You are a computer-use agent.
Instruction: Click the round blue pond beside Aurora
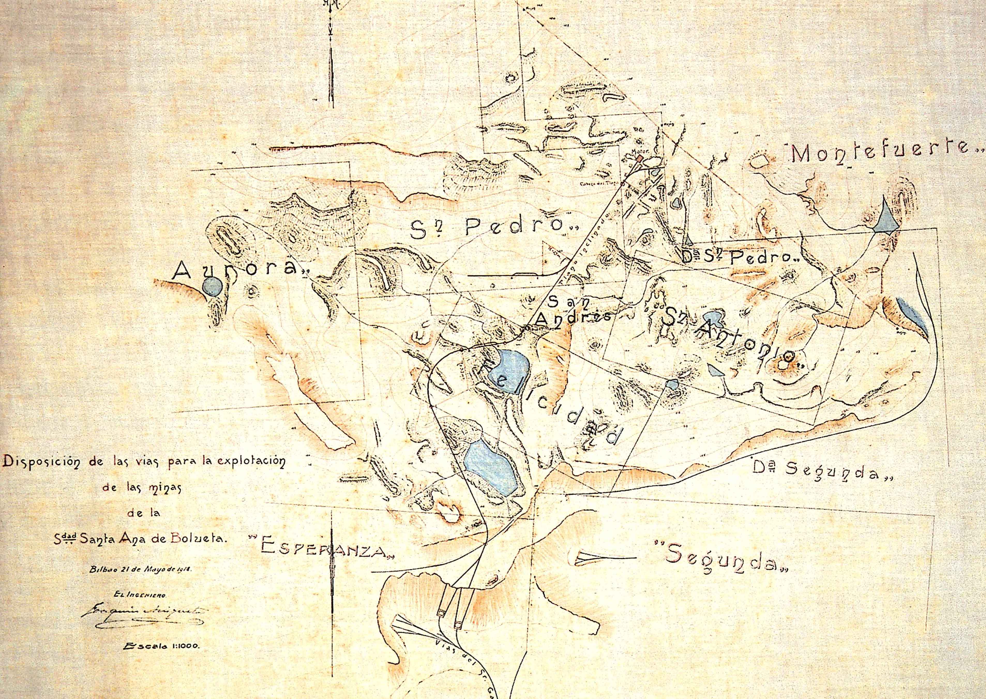coord(213,286)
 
